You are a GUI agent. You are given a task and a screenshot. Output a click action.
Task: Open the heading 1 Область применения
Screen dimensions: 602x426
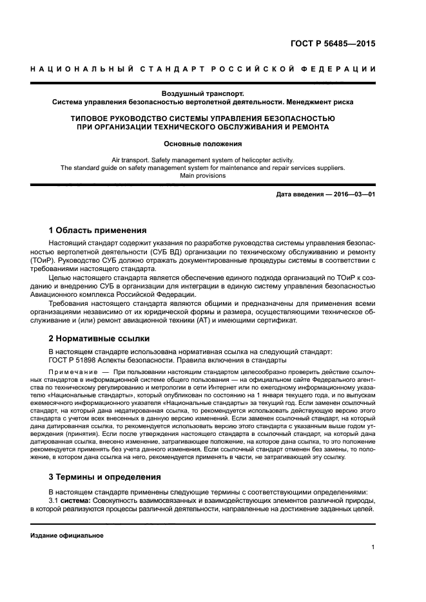pyautogui.click(x=97, y=230)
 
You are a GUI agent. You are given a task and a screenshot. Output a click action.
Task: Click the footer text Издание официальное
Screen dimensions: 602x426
pyautogui.click(x=67, y=535)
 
